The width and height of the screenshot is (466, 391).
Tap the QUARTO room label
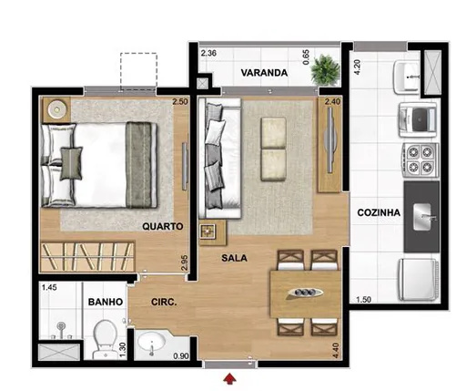click(x=164, y=225)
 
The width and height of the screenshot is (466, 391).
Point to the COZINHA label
click(x=380, y=212)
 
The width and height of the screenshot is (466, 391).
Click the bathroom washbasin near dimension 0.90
click(x=152, y=345)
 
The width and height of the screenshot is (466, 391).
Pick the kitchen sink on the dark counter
click(x=425, y=216)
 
